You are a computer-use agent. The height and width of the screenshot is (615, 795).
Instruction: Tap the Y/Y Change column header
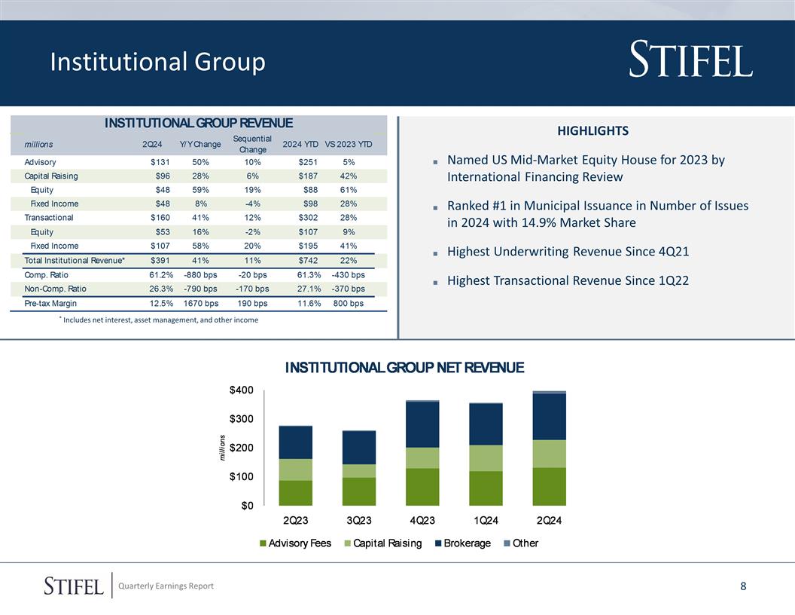tap(200, 144)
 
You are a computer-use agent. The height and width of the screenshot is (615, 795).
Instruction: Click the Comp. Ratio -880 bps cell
tap(200, 275)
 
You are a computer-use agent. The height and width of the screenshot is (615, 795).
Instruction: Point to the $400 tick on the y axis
tap(242, 390)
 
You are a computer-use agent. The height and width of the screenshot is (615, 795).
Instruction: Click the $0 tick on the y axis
tap(246, 505)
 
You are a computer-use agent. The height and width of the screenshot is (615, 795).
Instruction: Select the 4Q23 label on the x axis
tap(422, 521)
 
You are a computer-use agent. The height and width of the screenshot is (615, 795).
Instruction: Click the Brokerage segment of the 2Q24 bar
tap(549, 416)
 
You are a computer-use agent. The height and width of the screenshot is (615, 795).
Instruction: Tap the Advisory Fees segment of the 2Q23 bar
tap(295, 492)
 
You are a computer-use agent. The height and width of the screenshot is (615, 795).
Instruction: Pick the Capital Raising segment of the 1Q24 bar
tap(486, 457)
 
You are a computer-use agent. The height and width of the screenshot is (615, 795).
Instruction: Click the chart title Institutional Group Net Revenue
tap(404, 368)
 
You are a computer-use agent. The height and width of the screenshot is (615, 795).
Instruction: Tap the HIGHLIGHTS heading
tap(592, 131)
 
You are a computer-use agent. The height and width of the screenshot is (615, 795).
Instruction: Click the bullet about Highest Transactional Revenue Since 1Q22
tap(568, 280)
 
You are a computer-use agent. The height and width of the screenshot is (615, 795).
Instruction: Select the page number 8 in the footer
tap(743, 586)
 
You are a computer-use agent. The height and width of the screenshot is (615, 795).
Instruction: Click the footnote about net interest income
tap(160, 320)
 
